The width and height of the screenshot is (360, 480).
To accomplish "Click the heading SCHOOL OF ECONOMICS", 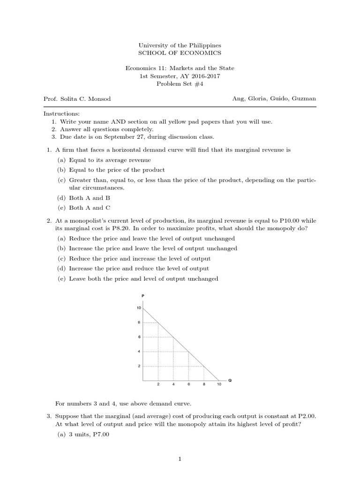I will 180,53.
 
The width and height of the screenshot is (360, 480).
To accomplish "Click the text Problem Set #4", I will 180,84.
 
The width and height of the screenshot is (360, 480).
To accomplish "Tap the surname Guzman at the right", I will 305,99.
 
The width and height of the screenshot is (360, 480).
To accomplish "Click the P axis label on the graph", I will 143,296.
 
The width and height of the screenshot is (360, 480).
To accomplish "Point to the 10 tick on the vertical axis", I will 139,308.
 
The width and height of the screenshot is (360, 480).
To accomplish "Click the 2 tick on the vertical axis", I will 139,366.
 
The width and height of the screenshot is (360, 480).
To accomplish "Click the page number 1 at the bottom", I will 180,459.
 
